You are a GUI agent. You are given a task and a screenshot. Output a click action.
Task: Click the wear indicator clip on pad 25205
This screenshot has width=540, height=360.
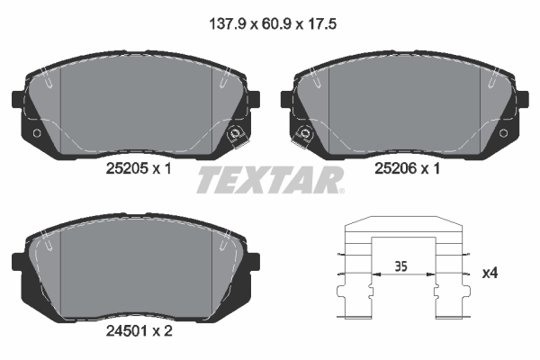[x=237, y=135]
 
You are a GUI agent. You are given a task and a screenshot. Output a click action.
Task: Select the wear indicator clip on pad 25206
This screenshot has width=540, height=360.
[x=303, y=135]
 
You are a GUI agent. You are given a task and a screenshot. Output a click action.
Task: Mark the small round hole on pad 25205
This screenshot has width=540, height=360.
[x=37, y=134]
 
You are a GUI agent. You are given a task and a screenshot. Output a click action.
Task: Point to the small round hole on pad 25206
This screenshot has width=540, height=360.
[x=503, y=134]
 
